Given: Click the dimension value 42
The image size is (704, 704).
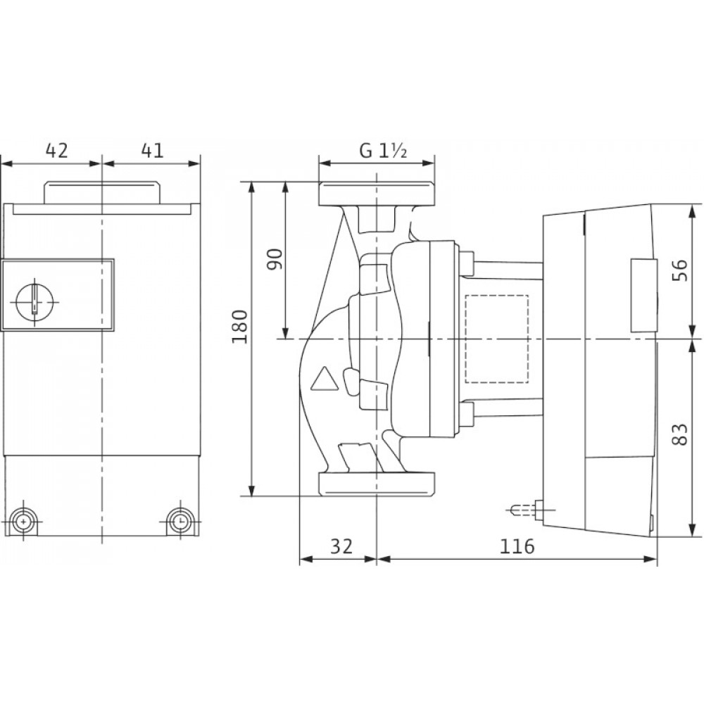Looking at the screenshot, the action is coord(57,151).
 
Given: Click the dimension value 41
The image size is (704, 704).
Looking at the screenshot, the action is coord(152,151).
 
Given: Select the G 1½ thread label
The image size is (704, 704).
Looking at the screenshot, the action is coord(383,151).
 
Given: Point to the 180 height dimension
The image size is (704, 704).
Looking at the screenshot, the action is coord(239,327).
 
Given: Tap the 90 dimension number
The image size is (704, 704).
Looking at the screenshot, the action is coord(275,259).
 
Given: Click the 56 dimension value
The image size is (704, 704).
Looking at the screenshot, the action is coord(681,270).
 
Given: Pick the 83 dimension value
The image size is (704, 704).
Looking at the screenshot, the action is coord(681,434).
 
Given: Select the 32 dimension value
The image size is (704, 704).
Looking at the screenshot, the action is coord(341,546).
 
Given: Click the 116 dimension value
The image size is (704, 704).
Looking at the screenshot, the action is coord(517,546).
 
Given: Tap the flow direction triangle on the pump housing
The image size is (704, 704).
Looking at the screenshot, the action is coord(324,379).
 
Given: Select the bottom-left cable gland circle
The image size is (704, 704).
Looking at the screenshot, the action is coord(23,522).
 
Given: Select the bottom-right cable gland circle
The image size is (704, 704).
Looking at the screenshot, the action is coord(180,522).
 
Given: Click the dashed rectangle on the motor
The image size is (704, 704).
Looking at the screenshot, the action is coord(497,339).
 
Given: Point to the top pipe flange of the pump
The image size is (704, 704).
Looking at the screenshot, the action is coord(376,194).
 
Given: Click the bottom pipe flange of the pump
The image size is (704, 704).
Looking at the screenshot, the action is coord(376,484).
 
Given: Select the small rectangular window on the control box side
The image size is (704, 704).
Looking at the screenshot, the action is coord(643,296).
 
